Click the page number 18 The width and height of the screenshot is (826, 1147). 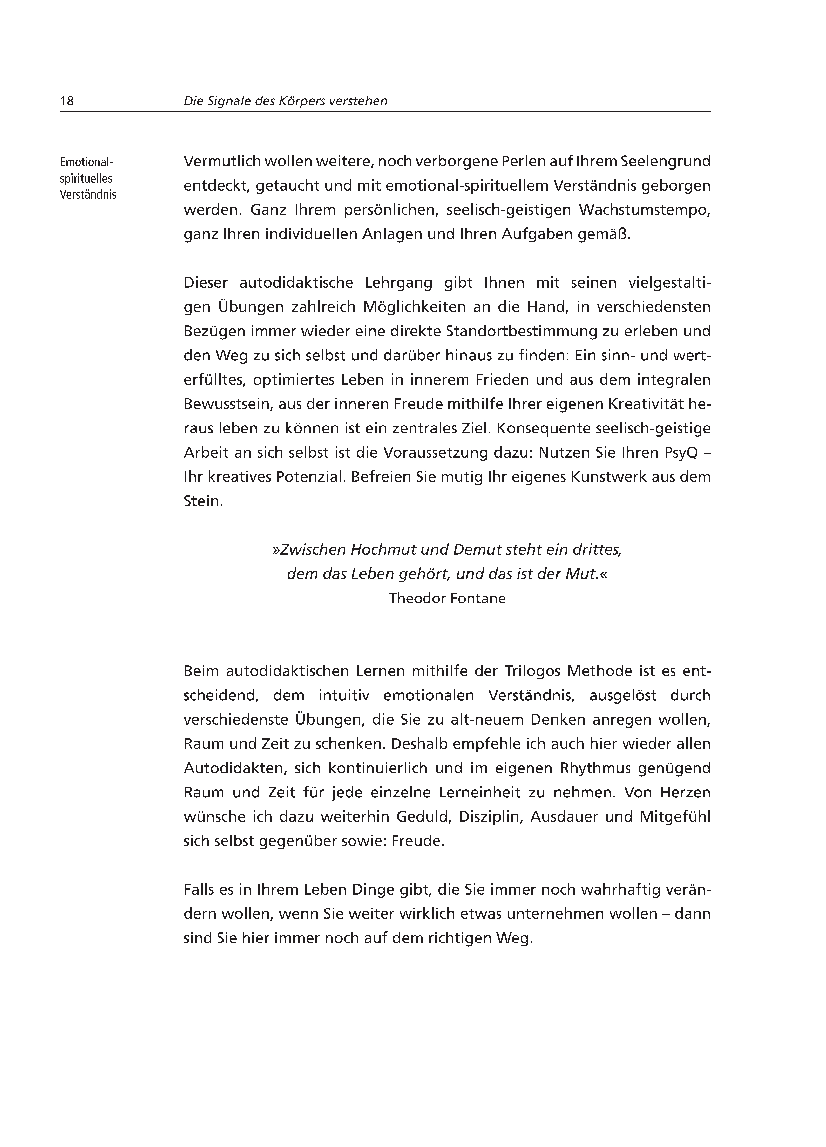[x=67, y=101]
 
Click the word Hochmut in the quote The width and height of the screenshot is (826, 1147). [x=381, y=550]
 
